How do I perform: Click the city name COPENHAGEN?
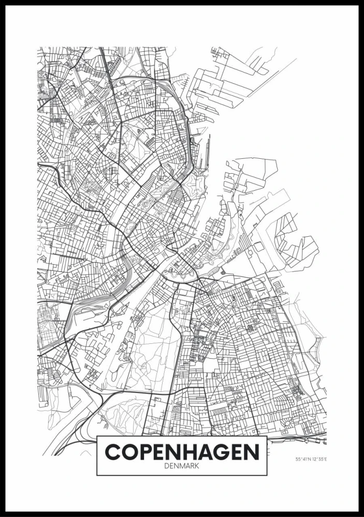click(182, 451)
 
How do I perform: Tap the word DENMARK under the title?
click(182, 465)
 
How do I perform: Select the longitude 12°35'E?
click(321, 459)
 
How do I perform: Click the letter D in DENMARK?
click(165, 465)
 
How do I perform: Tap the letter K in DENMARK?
click(198, 465)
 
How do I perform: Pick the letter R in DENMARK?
click(193, 465)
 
